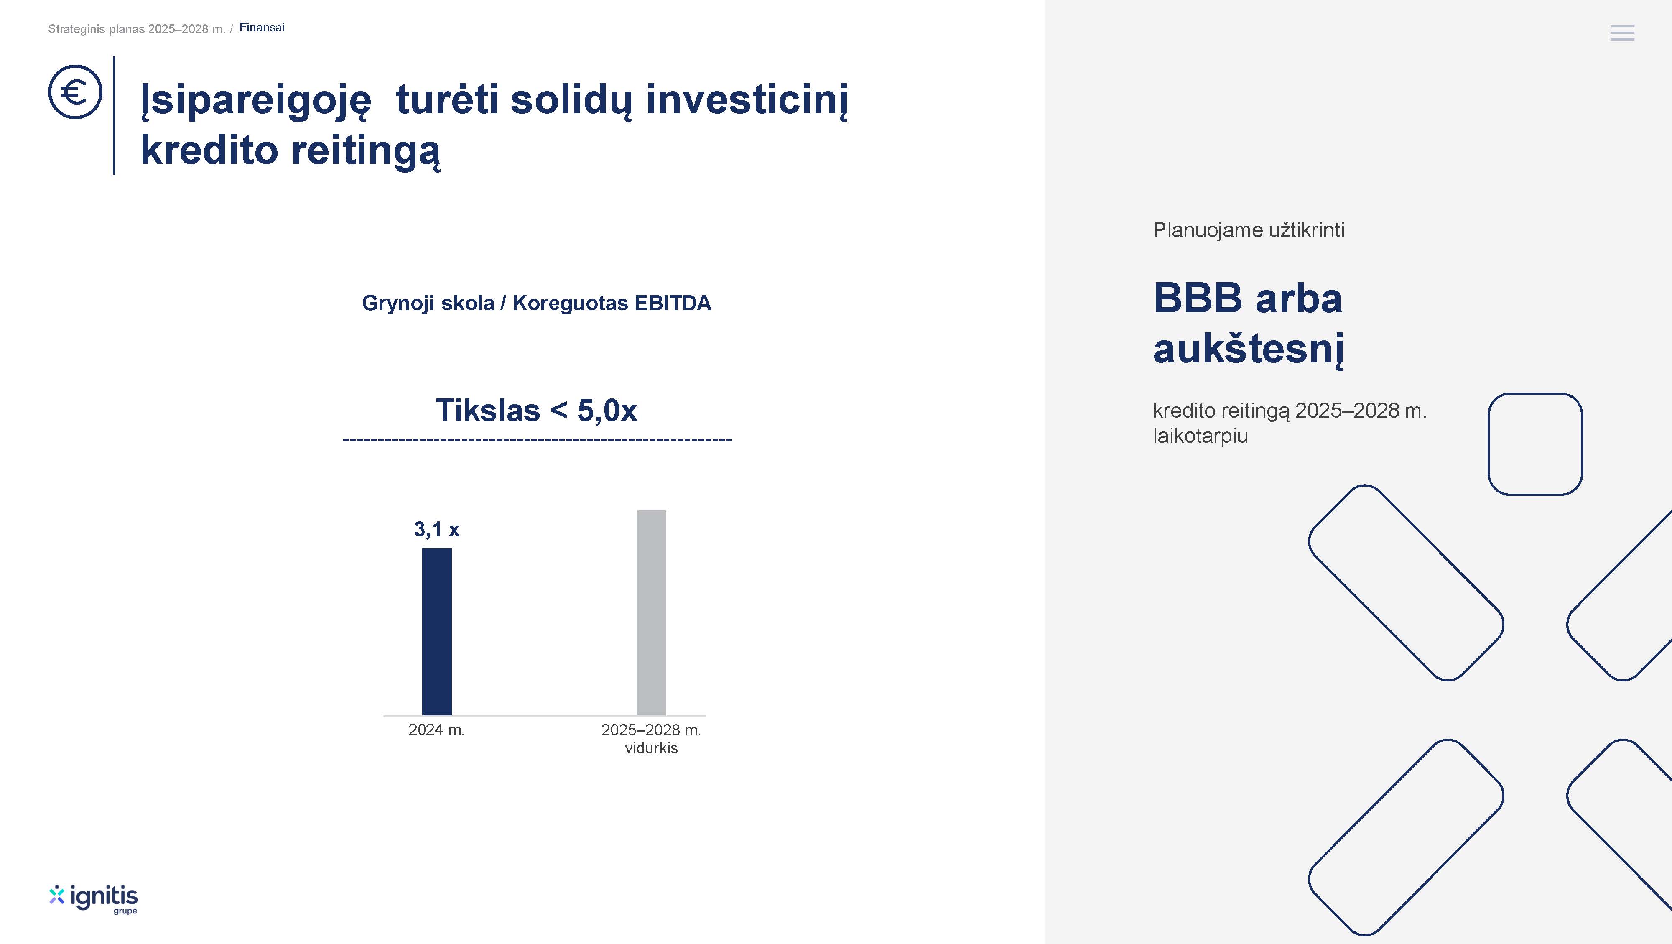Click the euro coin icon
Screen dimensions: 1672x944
click(x=75, y=92)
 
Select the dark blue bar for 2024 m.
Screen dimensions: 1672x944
click(x=437, y=631)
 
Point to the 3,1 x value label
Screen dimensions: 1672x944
click(x=437, y=530)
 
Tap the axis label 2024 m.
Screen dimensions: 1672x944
click(x=436, y=730)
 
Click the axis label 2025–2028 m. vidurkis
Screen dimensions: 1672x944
click(x=651, y=739)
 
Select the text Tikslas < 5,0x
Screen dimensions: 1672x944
click(x=536, y=410)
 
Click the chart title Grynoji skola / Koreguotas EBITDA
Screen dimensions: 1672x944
click(x=536, y=303)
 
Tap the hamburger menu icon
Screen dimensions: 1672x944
click(x=1622, y=33)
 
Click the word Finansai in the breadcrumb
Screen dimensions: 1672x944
click(x=262, y=27)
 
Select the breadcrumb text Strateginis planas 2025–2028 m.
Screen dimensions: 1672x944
click(x=136, y=28)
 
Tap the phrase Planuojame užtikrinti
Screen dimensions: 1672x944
click(x=1248, y=230)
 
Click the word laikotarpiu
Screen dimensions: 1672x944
click(x=1200, y=436)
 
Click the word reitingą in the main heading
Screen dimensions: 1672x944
click(x=365, y=151)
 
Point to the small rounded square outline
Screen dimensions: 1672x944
click(x=1535, y=394)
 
